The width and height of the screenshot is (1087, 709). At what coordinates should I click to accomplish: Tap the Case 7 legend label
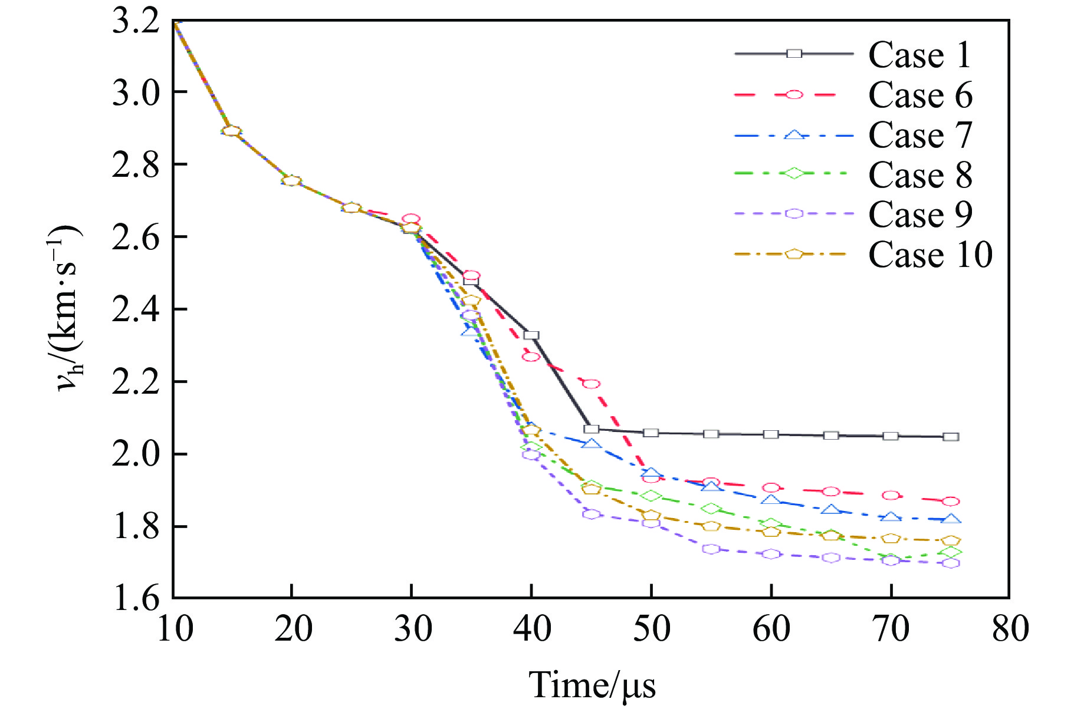920,135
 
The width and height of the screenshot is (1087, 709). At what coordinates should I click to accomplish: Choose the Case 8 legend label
920,175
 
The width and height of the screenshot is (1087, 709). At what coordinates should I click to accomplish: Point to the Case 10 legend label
930,255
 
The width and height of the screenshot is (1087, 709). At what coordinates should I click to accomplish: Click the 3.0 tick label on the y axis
136,93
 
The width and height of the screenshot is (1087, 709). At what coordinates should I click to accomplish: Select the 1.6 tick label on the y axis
136,598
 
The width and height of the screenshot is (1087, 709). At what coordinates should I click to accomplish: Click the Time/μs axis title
592,685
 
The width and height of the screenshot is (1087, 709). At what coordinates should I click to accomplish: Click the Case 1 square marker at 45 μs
592,429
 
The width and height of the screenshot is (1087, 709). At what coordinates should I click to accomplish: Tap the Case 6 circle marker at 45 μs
592,384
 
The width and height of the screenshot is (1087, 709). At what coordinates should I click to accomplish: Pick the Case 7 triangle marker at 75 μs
951,519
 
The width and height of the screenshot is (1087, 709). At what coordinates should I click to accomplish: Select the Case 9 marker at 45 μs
592,514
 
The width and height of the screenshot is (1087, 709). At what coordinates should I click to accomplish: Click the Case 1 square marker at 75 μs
951,437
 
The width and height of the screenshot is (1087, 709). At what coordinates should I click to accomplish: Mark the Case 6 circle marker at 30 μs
411,219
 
